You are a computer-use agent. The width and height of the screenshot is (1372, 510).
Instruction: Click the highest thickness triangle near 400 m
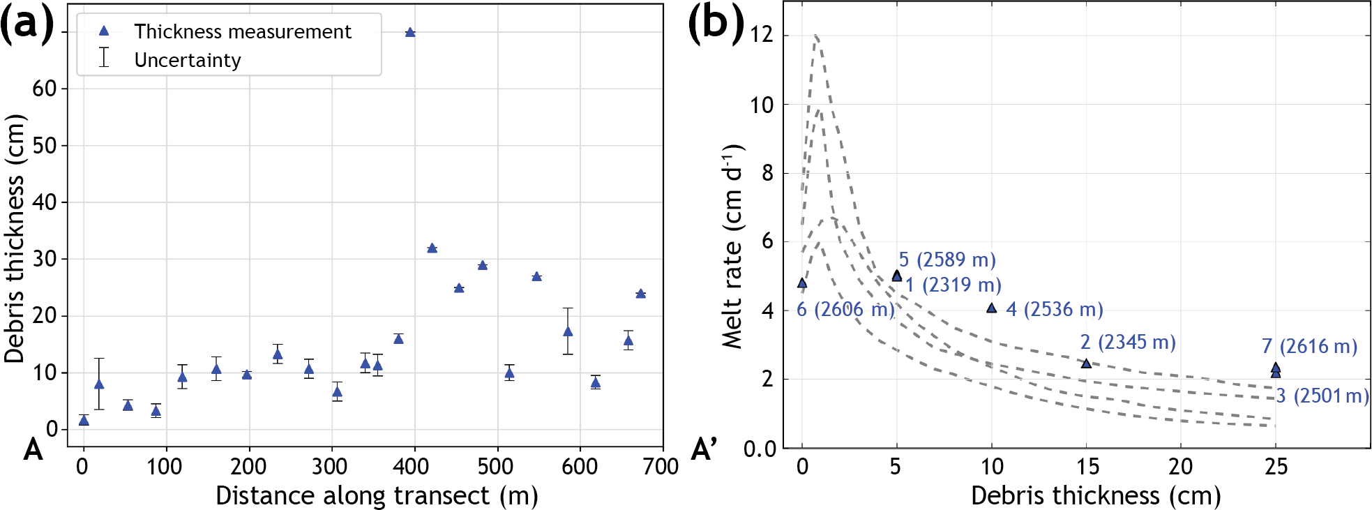(x=410, y=32)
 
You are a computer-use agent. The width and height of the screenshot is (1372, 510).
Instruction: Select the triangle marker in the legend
(x=104, y=31)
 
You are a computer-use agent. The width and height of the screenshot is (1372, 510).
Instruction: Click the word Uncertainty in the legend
(x=188, y=60)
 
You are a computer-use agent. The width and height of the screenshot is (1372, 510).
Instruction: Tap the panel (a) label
(x=27, y=24)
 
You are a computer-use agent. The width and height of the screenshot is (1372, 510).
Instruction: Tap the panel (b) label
(x=716, y=24)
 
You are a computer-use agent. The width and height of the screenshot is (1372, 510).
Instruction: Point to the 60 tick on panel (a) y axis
(x=45, y=89)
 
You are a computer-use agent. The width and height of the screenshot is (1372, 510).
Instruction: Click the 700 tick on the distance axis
(x=661, y=466)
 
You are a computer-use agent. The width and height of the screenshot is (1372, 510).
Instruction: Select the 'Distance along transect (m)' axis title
(x=377, y=495)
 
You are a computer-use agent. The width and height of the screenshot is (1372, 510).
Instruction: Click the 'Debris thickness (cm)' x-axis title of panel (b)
(x=1096, y=495)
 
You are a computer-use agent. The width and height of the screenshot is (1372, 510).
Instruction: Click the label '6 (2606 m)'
(x=845, y=309)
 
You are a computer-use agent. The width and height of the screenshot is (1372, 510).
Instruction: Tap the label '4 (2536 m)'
(x=1054, y=309)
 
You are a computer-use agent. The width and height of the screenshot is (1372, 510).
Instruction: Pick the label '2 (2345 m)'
(x=1128, y=342)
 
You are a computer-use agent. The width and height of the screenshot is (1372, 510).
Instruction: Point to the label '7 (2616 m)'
(x=1309, y=346)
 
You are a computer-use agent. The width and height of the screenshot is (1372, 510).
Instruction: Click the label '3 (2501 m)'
(x=1322, y=396)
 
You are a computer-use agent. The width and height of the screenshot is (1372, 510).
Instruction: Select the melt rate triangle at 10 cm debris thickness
(x=992, y=308)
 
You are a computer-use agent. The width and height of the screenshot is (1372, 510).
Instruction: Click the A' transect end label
(x=704, y=450)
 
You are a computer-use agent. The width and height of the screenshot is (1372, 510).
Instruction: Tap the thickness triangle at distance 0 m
(x=84, y=420)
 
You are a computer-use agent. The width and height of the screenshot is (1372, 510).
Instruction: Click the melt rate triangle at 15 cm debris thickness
(x=1086, y=363)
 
